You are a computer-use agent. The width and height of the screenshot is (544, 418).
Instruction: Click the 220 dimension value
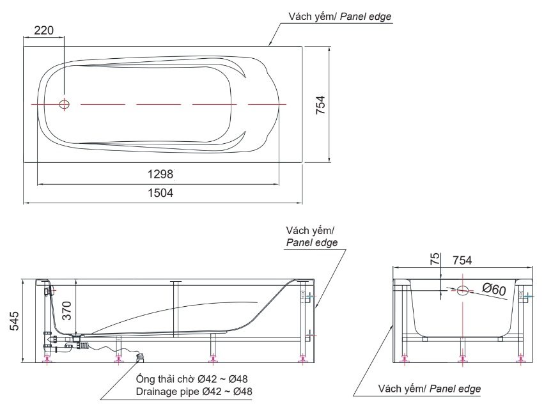coord(44,31)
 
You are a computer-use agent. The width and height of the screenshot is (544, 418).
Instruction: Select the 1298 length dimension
coord(160,174)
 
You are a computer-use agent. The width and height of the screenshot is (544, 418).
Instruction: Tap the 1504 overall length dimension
coord(160,193)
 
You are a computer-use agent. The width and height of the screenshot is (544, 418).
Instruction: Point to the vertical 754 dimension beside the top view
coord(320,105)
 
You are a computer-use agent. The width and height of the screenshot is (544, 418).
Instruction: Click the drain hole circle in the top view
coord(64,104)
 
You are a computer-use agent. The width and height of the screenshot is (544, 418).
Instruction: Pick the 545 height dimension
coord(14,321)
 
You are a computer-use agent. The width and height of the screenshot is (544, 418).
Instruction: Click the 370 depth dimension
coord(66,311)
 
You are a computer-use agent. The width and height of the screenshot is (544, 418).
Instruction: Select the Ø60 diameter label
coord(494,289)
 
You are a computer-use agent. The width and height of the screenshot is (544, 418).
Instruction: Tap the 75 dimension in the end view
coord(435,259)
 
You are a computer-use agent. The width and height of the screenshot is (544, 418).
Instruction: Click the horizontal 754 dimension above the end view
coord(462,260)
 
